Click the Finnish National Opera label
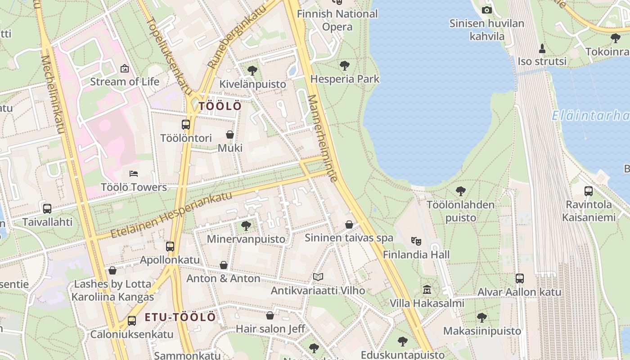point(337,20)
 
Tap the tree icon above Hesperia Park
point(345,66)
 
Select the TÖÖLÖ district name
point(220,106)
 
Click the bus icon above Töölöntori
point(186,125)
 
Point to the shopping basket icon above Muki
point(230,135)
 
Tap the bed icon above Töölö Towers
point(134,174)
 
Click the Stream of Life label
point(125,81)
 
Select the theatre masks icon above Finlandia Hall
point(416,241)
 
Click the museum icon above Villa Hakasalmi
point(427,290)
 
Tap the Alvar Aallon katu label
point(519,292)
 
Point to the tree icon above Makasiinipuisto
point(482,318)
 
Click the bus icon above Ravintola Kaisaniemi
point(589,191)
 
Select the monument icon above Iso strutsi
point(542,48)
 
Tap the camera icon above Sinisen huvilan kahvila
point(487,10)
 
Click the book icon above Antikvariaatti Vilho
point(318,277)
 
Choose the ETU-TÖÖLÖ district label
point(180,317)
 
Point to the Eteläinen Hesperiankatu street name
point(171,215)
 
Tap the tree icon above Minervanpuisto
point(246,225)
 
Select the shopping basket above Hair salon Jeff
point(270,315)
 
